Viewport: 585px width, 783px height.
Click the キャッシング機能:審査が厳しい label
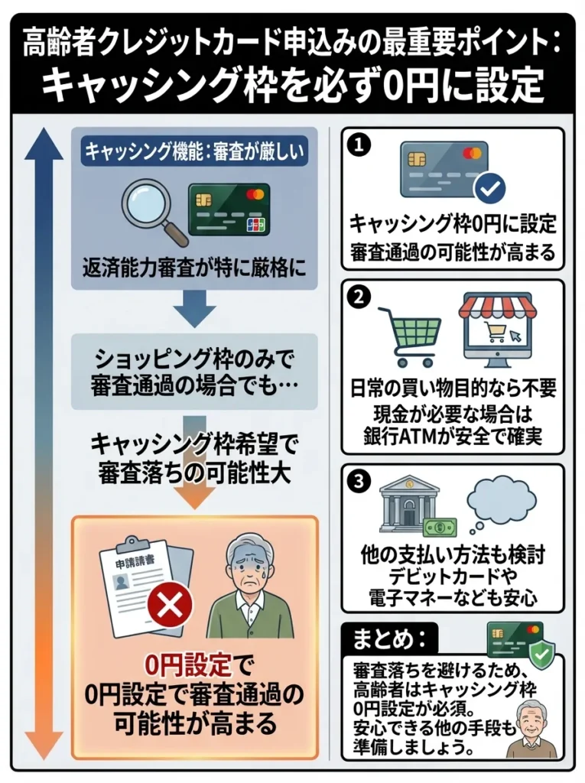point(194,151)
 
